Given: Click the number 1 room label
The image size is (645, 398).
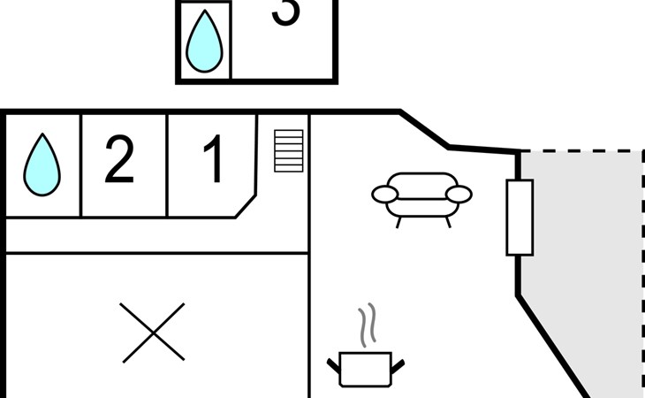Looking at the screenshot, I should [213, 161].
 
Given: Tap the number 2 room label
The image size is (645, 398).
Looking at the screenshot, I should [120, 161].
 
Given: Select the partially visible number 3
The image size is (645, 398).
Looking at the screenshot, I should [285, 12].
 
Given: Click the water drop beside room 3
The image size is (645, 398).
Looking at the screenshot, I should [204, 41].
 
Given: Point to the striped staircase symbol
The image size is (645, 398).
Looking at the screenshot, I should [288, 150].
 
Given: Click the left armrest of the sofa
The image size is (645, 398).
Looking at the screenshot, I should [385, 194].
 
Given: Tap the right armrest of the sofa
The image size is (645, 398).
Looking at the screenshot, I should [459, 194].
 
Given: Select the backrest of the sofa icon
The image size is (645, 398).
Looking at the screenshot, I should [421, 182].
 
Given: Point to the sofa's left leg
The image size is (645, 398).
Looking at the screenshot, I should [398, 222].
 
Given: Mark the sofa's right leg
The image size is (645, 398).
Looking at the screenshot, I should [447, 222].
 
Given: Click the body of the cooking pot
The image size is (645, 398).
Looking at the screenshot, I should [365, 368].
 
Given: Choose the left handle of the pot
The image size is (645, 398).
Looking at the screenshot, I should [334, 364].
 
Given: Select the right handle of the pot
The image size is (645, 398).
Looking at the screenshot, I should [398, 364].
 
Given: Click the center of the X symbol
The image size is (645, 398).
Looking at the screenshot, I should [153, 333].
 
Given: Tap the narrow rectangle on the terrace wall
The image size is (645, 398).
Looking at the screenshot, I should [520, 217].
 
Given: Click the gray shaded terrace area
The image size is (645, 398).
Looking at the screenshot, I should [583, 265].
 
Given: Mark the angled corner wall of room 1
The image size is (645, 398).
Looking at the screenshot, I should [245, 207].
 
